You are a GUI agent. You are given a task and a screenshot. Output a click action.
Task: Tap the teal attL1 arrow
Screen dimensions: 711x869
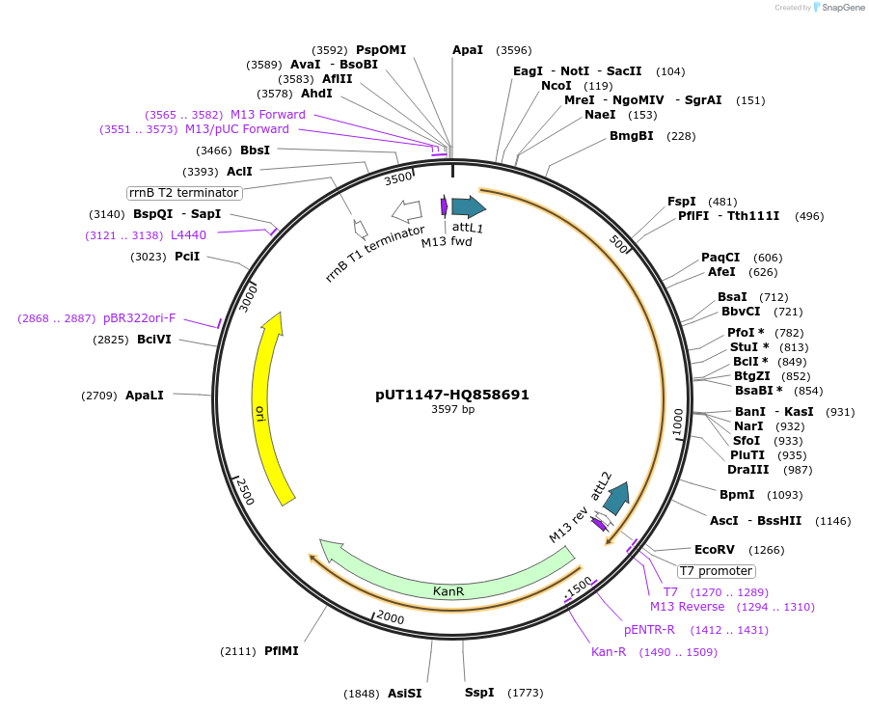point(469,206)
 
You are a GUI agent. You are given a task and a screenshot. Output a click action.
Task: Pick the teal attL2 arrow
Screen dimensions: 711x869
point(615,496)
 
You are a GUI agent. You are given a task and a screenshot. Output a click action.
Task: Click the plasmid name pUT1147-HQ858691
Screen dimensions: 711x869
point(452,395)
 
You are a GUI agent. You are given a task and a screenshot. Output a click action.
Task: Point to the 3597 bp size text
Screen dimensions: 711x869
point(452,409)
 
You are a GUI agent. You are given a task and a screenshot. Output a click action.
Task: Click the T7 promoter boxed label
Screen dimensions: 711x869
point(716,571)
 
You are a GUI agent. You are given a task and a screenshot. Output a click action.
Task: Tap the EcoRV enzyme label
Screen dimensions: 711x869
point(715,550)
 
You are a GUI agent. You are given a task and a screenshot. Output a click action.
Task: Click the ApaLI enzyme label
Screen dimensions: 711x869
point(145,396)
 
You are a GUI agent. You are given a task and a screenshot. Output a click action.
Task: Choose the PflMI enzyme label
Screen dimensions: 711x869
point(282,651)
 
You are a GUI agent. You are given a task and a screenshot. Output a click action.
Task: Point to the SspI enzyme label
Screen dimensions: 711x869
point(479,693)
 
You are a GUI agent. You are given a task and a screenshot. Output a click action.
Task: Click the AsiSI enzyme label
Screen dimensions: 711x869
point(404,693)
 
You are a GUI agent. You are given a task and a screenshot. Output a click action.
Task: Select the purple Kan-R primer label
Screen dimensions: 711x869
point(609,652)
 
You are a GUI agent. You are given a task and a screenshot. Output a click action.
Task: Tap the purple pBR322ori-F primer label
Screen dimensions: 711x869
point(140,318)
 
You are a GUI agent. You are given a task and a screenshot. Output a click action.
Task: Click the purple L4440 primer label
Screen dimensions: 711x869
point(188,235)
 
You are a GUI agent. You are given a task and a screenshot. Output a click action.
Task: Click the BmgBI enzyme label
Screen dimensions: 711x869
point(631,136)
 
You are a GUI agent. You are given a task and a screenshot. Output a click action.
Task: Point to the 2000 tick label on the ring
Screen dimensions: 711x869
point(391,616)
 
